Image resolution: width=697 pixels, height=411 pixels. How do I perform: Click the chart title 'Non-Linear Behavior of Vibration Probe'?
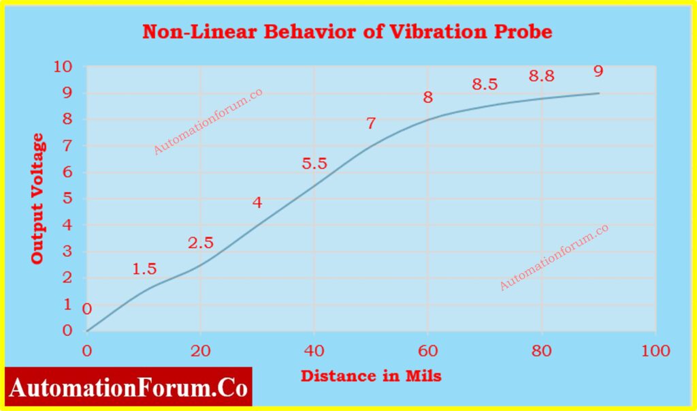coord(347,32)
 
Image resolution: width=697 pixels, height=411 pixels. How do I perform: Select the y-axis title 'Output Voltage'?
coord(38,198)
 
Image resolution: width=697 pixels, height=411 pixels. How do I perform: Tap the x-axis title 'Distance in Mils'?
coord(371,376)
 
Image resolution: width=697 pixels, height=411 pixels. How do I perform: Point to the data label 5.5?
coord(314,164)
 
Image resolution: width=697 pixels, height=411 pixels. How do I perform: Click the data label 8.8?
coord(541,76)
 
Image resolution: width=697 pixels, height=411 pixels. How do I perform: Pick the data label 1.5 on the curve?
coord(144,269)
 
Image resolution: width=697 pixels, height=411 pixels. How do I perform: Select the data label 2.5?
coord(201,243)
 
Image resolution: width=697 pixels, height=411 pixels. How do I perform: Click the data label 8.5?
coord(485,85)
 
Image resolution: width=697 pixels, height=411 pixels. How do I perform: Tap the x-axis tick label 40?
coord(314,351)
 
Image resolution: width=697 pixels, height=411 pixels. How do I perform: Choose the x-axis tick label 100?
coord(655,351)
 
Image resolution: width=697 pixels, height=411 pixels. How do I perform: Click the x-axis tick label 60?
coord(427,351)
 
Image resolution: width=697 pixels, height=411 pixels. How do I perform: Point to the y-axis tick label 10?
coord(63,67)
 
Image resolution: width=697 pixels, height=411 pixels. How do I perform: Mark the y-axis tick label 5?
coord(67,198)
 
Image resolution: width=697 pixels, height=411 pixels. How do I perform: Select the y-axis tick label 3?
coord(67,252)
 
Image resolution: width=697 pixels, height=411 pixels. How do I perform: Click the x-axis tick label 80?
coord(542,351)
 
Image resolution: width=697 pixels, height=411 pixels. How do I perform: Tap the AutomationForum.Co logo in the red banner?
coord(129,387)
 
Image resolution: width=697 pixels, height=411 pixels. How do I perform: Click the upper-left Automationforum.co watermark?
coord(208,121)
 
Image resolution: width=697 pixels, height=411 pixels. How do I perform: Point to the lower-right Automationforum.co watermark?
coord(554,258)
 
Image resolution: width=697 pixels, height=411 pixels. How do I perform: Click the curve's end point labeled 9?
coord(599,93)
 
